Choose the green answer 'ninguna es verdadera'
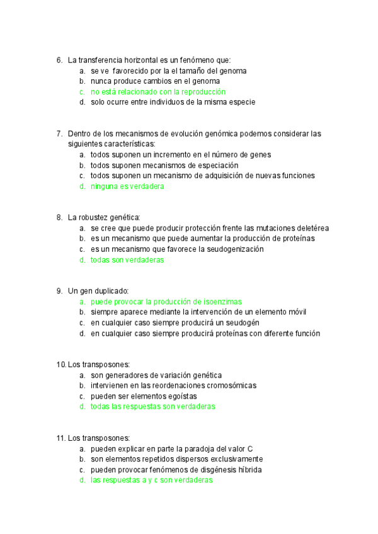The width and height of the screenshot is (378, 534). click(x=127, y=186)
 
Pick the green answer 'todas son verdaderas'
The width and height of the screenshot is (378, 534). click(x=127, y=259)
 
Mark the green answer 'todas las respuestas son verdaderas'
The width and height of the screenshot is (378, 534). click(x=152, y=407)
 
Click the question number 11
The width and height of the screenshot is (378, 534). click(x=60, y=438)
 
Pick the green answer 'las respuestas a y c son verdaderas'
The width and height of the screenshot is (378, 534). click(x=151, y=480)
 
